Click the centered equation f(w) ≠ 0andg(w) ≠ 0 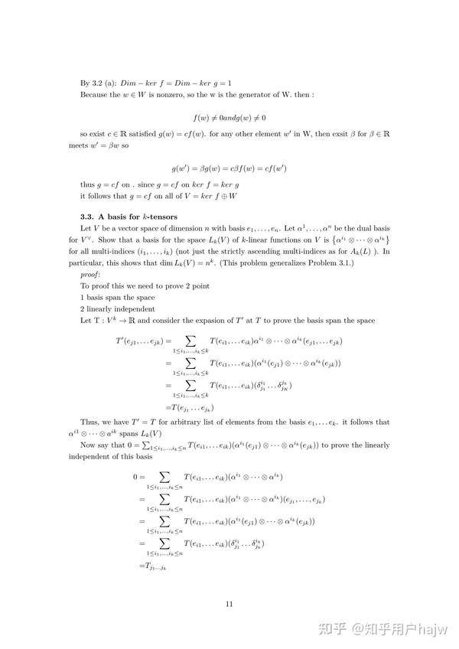point(229,119)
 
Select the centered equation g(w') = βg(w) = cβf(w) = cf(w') point(229,168)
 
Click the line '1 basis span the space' point(117,297)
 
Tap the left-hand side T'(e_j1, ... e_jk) point(138,339)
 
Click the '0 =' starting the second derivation point(138,477)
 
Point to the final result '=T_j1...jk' point(153,566)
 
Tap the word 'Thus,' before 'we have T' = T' point(90,422)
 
